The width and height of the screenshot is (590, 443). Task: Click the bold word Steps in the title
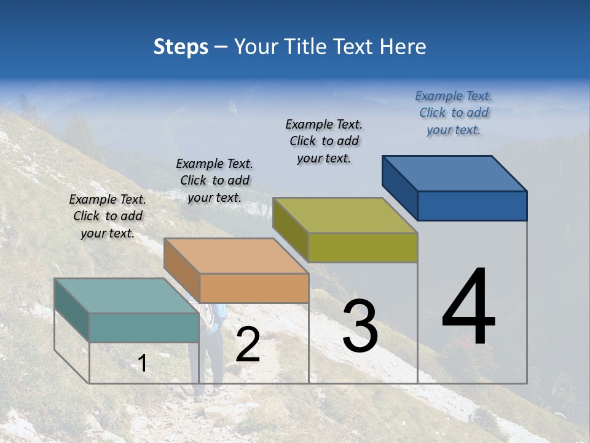(x=181, y=47)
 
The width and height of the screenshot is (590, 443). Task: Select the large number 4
(x=468, y=307)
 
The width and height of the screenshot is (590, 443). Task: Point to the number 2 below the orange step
(x=248, y=345)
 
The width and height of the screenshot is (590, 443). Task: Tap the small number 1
(x=143, y=363)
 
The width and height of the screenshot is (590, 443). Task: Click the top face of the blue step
(x=455, y=174)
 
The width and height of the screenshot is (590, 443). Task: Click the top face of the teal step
(x=127, y=296)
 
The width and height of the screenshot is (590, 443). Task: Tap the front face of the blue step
(x=472, y=206)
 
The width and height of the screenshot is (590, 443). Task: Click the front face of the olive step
(x=363, y=247)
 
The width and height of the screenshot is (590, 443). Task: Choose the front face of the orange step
(x=254, y=288)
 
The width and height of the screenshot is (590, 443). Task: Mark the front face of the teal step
(x=144, y=327)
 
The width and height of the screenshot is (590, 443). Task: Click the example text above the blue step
(x=454, y=113)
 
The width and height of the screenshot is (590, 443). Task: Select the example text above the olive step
(x=324, y=141)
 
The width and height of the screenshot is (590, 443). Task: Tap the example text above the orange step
(x=214, y=180)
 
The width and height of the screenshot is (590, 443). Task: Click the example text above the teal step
(x=108, y=216)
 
